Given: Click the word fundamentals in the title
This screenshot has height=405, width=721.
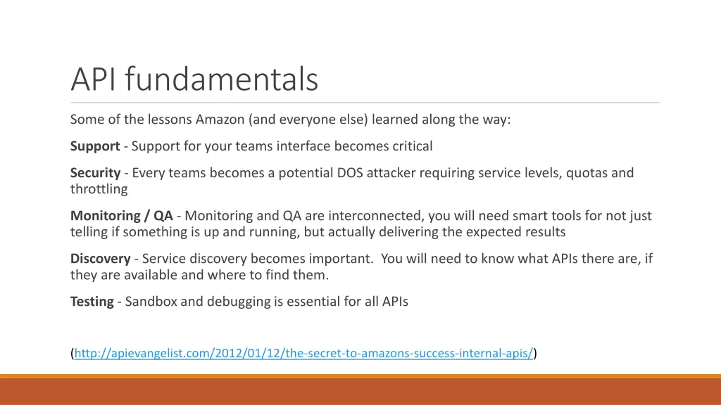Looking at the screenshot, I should point(222,79).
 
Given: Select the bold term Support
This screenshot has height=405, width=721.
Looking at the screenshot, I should point(95,146).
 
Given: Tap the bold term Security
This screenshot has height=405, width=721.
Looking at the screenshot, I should point(95,173).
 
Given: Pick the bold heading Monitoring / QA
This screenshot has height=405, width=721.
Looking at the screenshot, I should point(121,216).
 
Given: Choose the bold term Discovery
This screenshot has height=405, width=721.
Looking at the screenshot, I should point(100,259).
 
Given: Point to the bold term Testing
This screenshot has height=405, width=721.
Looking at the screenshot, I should point(92,302).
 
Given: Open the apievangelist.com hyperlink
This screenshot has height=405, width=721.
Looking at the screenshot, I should point(303,353).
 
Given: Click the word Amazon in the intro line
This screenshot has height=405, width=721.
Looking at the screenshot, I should point(220,120).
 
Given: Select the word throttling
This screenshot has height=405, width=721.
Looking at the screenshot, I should point(99,189).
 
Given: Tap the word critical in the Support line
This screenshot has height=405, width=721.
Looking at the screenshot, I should point(408,146).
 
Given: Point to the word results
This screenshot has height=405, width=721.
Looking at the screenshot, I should point(542,232).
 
